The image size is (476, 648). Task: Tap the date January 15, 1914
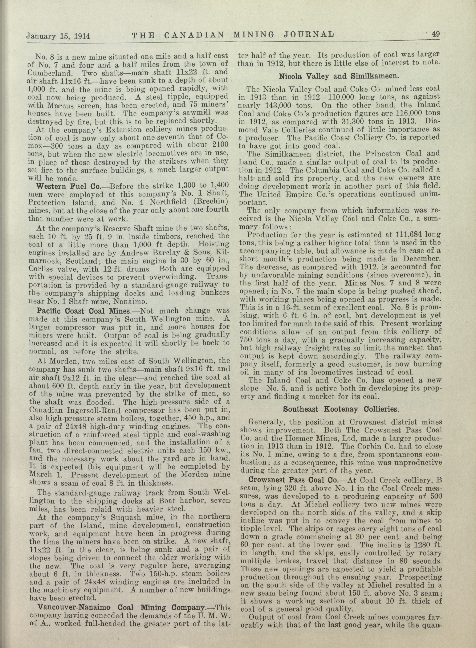(x=58, y=36)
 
